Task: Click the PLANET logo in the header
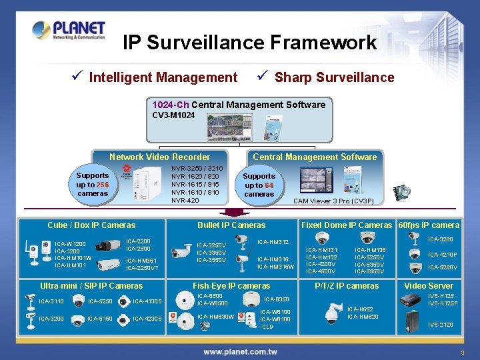pyautogui.click(x=68, y=31)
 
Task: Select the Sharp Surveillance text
pyautogui.click(x=334, y=77)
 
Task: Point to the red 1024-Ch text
pyautogui.click(x=171, y=105)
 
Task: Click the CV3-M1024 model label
pyautogui.click(x=173, y=115)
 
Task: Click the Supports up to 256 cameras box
pyautogui.click(x=93, y=184)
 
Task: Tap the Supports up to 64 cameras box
pyautogui.click(x=259, y=185)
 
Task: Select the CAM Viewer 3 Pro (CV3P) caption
pyautogui.click(x=333, y=201)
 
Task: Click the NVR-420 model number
pyautogui.click(x=185, y=200)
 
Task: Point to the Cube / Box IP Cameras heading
pyautogui.click(x=91, y=225)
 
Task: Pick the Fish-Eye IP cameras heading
pyautogui.click(x=231, y=286)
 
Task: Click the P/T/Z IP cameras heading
pyautogui.click(x=347, y=286)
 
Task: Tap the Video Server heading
pyautogui.click(x=429, y=286)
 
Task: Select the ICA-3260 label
pyautogui.click(x=441, y=239)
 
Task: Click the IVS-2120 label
pyautogui.click(x=440, y=325)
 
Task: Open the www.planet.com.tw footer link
pyautogui.click(x=240, y=351)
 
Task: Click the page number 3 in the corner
pyautogui.click(x=461, y=352)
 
